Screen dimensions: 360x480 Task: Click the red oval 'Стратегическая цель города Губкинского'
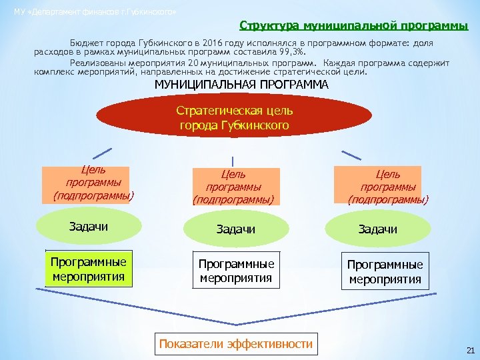(x=235, y=117)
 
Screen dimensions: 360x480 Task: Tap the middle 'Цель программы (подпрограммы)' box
(x=233, y=185)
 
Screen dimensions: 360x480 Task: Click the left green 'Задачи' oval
(x=89, y=227)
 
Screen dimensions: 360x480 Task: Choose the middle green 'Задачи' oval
(x=235, y=229)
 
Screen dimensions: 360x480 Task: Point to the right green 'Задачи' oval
(x=377, y=229)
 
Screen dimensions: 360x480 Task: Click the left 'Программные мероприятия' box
(x=87, y=268)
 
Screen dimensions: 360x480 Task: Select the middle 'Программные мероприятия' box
(x=236, y=271)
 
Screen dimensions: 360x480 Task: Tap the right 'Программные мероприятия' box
(x=385, y=271)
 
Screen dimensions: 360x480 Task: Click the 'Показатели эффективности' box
(x=235, y=344)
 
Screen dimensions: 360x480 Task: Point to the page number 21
(x=470, y=350)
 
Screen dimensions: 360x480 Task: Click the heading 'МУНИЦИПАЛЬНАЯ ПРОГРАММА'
(x=241, y=85)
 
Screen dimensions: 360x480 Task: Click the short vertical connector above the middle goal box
(x=232, y=161)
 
